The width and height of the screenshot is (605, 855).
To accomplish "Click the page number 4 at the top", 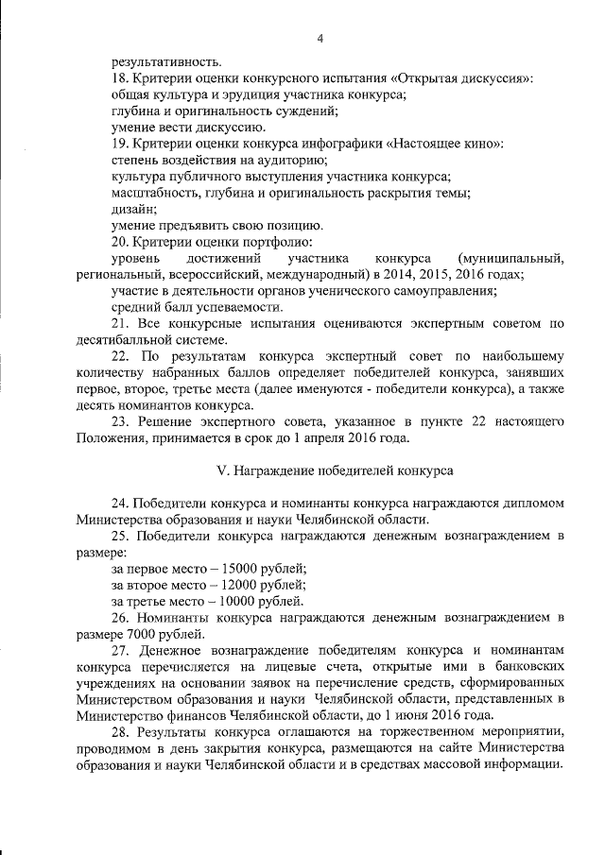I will [x=320, y=39].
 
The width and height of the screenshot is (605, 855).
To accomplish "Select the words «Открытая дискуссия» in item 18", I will [x=460, y=78].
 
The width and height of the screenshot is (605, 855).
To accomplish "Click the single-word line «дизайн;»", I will [x=132, y=209].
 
